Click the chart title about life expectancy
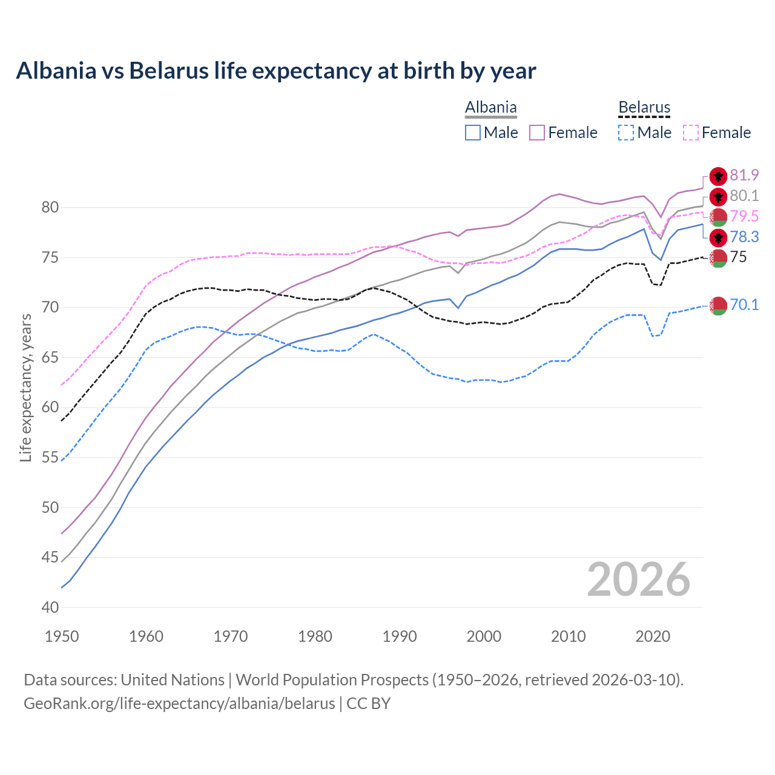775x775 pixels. coord(276,71)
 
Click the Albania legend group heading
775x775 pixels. coord(490,108)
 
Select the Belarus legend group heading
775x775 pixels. coord(644,108)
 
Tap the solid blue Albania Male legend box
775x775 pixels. coord(473,133)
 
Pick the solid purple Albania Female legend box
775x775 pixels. coord(537,133)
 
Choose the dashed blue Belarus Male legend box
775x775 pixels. coord(626,133)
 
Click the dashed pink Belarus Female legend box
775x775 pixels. coord(690,133)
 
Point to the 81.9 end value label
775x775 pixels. coord(744,176)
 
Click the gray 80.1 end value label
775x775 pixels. coord(744,196)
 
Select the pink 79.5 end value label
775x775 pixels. coord(744,217)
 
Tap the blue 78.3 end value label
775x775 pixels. coord(744,237)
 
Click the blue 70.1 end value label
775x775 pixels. coord(744,305)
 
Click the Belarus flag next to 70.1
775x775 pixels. coord(718,306)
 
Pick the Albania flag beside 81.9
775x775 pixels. coord(718,176)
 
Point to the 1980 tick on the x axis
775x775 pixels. coord(315,636)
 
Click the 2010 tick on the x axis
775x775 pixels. coord(568,636)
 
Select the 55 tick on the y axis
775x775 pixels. coord(50,458)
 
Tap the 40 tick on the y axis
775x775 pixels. coord(50,607)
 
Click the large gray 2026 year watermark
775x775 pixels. coord(638,580)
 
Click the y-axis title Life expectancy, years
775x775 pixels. coord(25,387)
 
